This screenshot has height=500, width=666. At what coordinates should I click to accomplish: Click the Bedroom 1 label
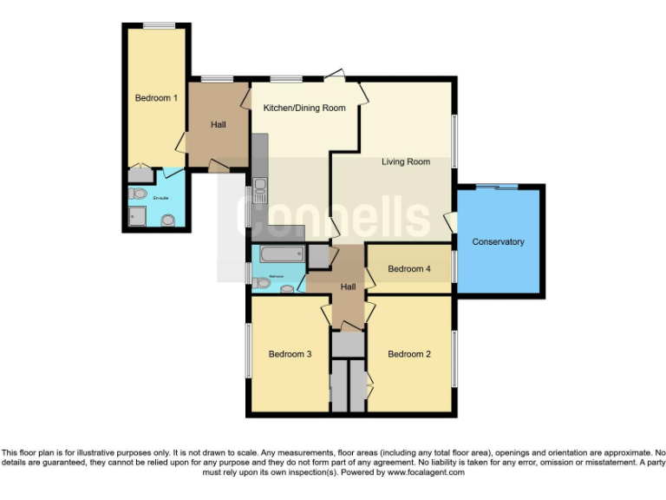click(x=156, y=98)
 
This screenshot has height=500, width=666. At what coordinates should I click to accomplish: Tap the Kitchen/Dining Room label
click(x=304, y=109)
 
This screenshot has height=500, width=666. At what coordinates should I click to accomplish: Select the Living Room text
click(x=406, y=161)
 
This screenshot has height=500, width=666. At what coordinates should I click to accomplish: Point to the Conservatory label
click(x=498, y=241)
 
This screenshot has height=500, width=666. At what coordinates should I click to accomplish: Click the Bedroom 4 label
click(x=408, y=269)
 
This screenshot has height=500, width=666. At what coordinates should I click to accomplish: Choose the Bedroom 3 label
click(x=290, y=354)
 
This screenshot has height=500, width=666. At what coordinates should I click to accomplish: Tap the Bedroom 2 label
click(x=408, y=354)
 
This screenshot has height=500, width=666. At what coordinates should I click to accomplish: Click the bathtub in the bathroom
click(x=278, y=254)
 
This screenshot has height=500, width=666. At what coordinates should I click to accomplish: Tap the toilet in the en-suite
click(x=168, y=220)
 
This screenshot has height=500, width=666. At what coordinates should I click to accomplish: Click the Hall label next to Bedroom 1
click(x=218, y=125)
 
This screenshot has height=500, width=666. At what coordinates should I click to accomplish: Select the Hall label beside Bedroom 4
click(x=348, y=286)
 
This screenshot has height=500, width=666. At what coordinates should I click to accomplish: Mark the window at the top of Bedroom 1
click(x=160, y=26)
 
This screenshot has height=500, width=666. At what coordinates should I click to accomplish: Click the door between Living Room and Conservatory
click(x=451, y=221)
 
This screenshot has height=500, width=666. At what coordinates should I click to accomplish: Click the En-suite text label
click(x=160, y=199)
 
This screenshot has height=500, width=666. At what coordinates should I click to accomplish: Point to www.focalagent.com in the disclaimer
click(x=426, y=472)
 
